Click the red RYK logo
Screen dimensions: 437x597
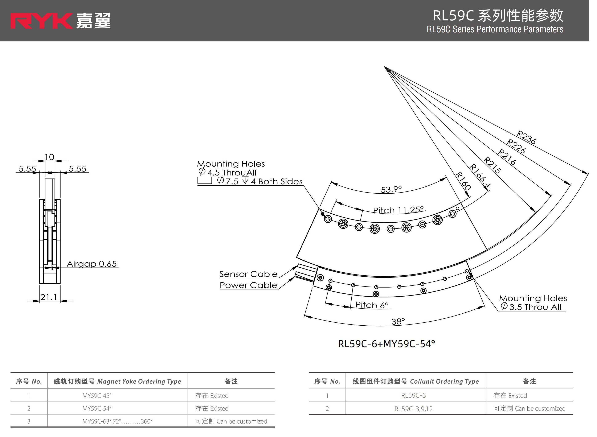click(x=41, y=21)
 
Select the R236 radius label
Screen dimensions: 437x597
click(x=526, y=137)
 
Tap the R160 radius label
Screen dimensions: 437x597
click(x=463, y=181)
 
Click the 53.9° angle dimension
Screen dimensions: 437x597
click(x=391, y=189)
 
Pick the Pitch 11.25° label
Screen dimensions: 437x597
click(x=398, y=210)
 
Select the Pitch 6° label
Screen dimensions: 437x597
click(x=372, y=305)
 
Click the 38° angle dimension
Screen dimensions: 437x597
click(x=398, y=321)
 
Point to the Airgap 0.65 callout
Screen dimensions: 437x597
click(x=91, y=264)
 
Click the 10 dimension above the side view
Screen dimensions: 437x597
click(x=49, y=157)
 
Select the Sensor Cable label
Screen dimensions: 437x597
click(x=248, y=274)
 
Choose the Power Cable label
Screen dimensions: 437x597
click(x=248, y=285)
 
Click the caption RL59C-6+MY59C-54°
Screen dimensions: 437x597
click(x=386, y=344)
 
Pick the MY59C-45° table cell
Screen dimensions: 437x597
click(x=97, y=395)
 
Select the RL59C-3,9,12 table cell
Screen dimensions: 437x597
click(x=413, y=409)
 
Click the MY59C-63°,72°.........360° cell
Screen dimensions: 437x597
click(x=117, y=421)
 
